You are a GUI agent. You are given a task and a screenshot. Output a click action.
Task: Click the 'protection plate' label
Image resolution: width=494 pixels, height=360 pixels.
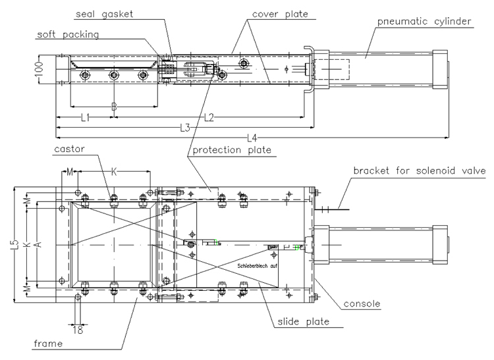231,151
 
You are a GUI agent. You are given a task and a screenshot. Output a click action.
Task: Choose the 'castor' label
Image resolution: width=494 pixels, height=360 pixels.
70,151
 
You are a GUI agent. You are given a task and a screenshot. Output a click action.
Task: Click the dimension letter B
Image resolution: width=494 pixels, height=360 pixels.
113,105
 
